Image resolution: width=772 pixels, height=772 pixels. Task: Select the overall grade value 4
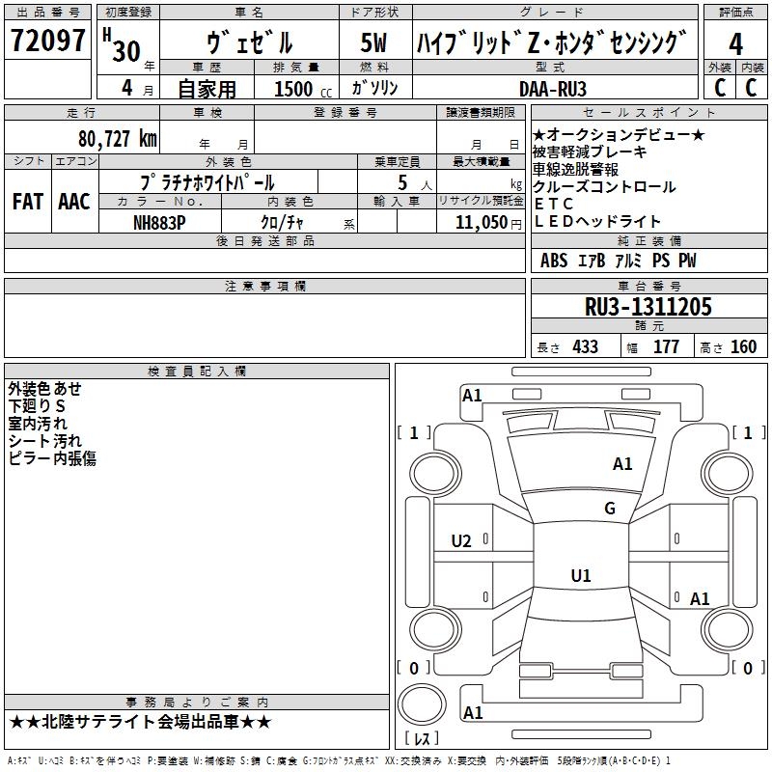(735, 43)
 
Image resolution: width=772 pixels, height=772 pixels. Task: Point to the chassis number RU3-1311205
(648, 307)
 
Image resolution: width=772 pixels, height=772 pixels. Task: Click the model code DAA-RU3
(553, 88)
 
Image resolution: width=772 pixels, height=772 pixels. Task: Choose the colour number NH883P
(159, 222)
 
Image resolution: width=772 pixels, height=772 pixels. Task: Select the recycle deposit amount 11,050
(474, 222)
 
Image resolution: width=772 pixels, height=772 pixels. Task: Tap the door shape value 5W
(373, 43)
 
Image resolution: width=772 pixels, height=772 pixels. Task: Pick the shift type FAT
(27, 202)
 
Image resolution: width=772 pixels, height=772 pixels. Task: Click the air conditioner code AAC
(73, 202)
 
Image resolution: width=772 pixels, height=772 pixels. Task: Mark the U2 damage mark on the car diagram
(461, 541)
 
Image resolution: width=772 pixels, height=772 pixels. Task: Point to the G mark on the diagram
(610, 509)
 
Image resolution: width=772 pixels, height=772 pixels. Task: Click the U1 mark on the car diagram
(580, 576)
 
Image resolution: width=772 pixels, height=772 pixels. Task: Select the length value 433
(582, 346)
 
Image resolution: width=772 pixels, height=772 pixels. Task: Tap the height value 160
(742, 346)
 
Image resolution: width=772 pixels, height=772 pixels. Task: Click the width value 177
(666, 346)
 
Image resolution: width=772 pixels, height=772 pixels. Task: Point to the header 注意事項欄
(264, 287)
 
